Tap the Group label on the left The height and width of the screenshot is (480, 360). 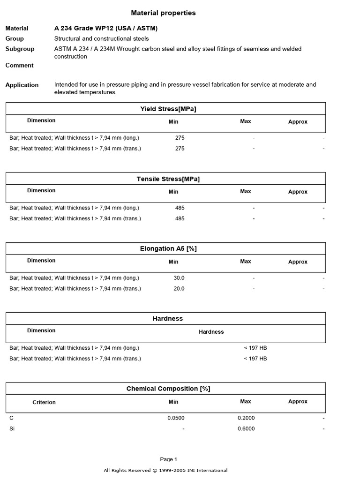coord(15,38)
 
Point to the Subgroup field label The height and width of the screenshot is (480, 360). coord(19,49)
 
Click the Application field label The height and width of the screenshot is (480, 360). coord(22,85)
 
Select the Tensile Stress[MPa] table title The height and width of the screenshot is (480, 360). coord(168,179)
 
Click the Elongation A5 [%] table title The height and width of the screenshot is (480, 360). coord(168,249)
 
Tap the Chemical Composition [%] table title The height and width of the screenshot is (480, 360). coord(168,389)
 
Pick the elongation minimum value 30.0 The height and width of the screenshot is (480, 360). coord(179,278)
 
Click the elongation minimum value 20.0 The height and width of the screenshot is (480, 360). coord(179,289)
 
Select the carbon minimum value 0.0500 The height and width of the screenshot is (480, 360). coord(176,418)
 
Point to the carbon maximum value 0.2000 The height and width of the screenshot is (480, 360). coord(246,418)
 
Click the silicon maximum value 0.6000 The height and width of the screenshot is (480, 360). coord(246,429)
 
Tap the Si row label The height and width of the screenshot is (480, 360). coord(12,429)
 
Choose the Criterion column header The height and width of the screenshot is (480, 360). coord(44,402)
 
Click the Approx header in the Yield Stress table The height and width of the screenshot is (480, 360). coord(298,122)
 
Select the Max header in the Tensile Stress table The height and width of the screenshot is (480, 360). coord(246,191)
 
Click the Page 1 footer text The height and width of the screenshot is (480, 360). coord(169,459)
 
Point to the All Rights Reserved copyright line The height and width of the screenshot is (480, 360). coord(165,471)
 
